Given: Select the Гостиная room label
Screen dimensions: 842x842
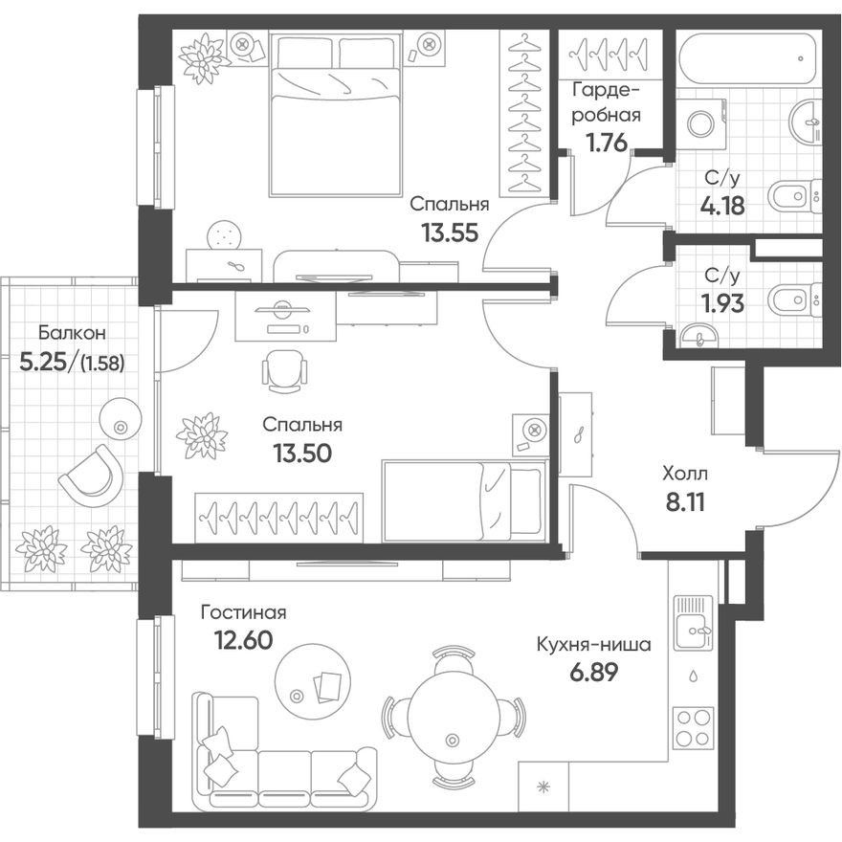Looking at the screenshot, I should (x=243, y=612).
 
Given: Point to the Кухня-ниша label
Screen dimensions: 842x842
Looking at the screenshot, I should (x=593, y=645).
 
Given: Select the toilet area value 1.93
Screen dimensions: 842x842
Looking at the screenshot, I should (x=721, y=303).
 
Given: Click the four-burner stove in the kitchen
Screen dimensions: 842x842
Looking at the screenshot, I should (x=694, y=728).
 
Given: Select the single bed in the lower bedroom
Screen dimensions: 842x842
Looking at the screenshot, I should (x=464, y=500).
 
